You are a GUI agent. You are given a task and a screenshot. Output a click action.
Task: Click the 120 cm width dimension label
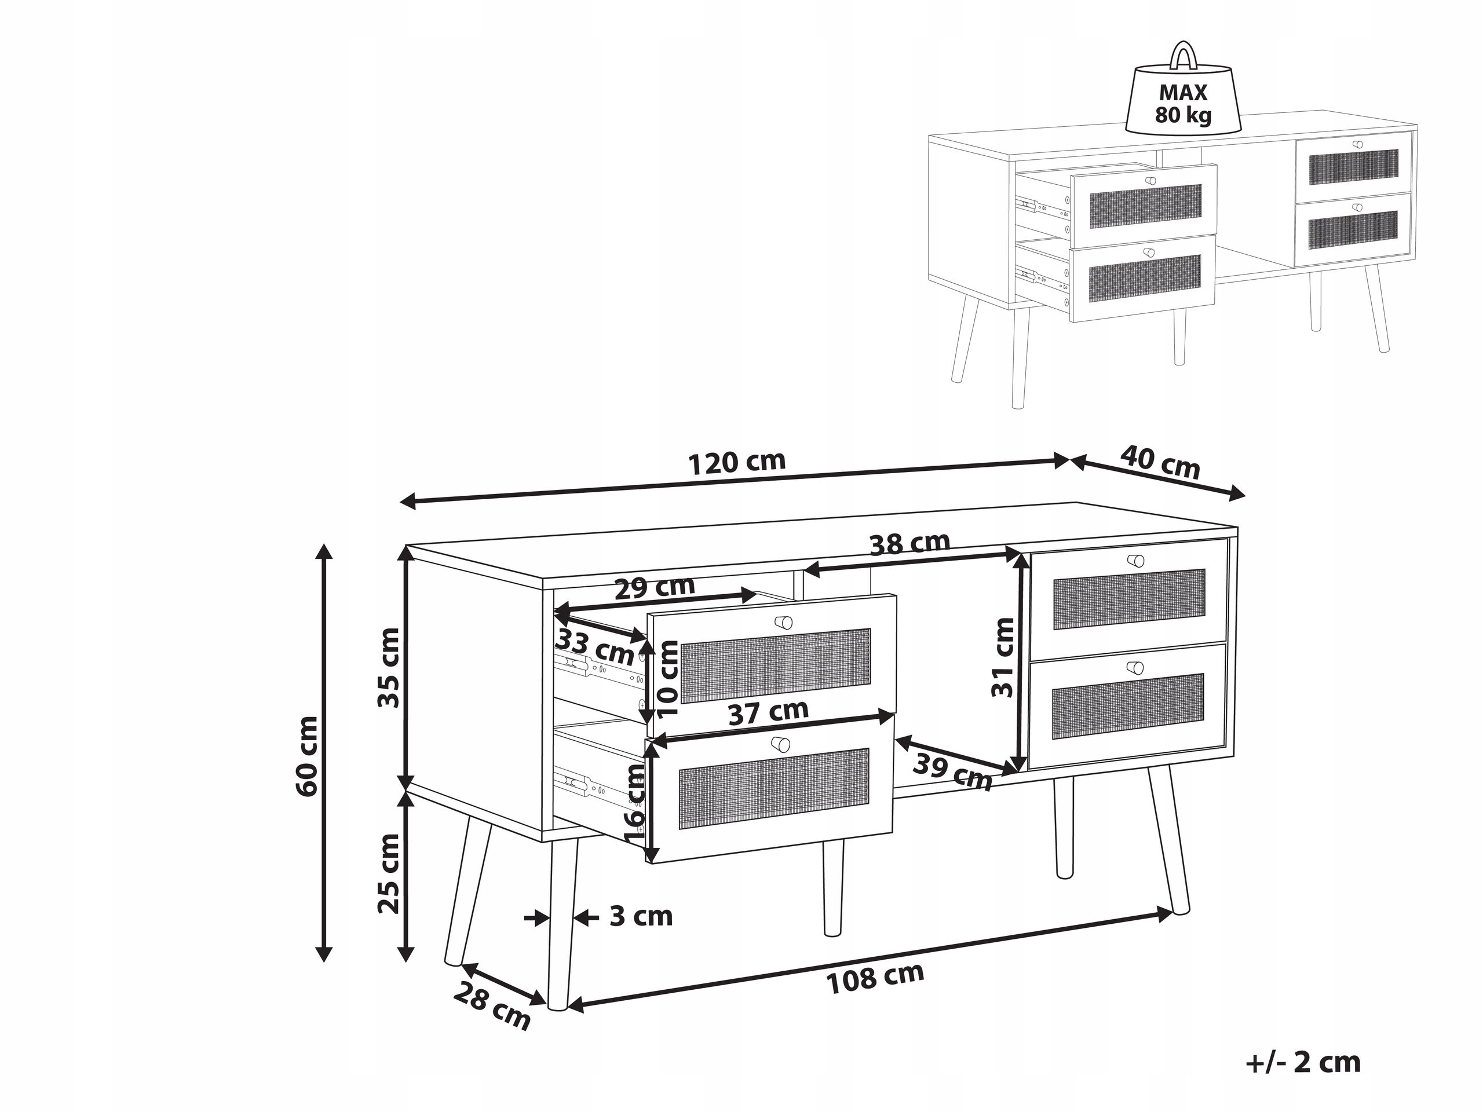[737, 463]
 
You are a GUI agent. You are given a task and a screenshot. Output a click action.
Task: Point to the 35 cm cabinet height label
[389, 668]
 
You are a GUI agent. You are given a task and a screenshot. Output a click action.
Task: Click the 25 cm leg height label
[389, 873]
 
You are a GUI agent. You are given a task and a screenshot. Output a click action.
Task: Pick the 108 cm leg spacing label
[875, 978]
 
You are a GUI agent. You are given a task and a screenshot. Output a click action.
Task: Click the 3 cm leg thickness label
[640, 916]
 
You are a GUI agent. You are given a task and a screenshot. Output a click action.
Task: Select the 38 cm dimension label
[909, 544]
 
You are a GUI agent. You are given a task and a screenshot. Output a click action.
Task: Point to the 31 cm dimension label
[1004, 657]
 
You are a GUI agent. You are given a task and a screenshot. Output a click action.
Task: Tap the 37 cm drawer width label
[768, 712]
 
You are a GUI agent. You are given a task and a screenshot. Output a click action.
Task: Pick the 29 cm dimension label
[655, 588]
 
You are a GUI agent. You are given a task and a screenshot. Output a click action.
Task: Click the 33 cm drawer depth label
[595, 648]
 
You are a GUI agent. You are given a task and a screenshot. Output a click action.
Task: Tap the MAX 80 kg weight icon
[1183, 101]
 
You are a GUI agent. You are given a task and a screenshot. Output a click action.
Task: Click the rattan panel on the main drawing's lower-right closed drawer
[1128, 707]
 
